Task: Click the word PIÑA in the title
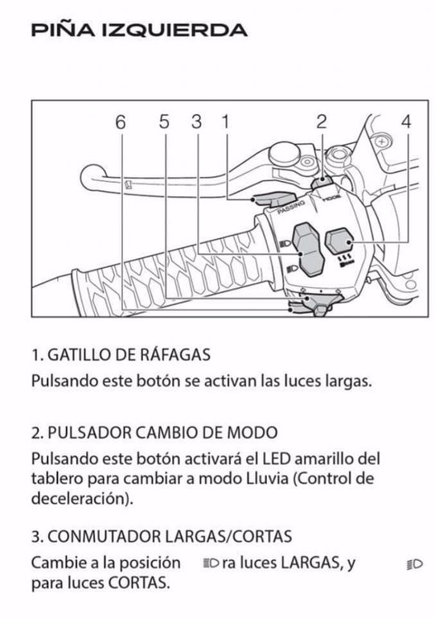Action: click(62, 30)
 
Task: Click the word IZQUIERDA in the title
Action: click(174, 31)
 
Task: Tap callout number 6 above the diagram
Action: click(121, 122)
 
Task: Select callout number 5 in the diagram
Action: click(165, 122)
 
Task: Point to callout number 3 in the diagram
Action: click(197, 122)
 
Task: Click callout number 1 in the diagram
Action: click(226, 122)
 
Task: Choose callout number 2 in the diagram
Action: click(322, 122)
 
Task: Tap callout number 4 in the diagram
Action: click(406, 122)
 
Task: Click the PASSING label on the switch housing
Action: click(291, 207)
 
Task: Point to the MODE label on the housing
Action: click(331, 197)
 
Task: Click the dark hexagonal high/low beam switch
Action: click(309, 249)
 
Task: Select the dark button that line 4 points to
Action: click(339, 241)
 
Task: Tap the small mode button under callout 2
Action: click(322, 182)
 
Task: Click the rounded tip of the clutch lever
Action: click(93, 176)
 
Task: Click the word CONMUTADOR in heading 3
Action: click(104, 537)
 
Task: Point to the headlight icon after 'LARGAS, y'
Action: click(415, 564)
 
